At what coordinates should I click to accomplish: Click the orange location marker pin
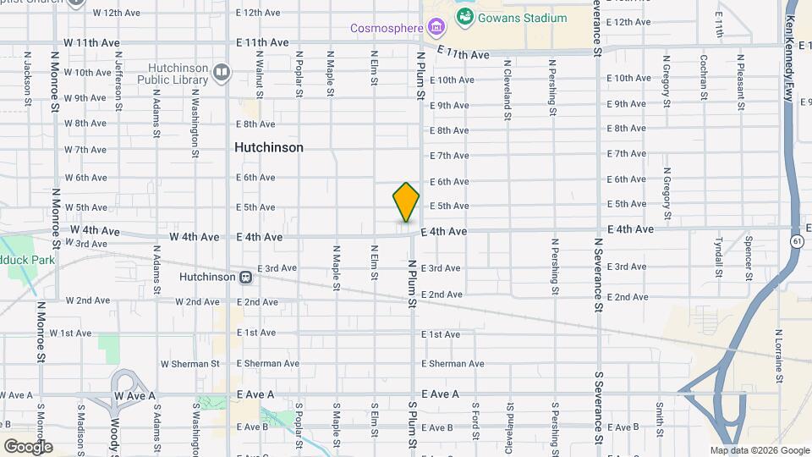click(x=406, y=202)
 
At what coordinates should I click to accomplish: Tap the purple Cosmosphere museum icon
click(x=436, y=29)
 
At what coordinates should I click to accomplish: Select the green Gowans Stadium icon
click(x=464, y=16)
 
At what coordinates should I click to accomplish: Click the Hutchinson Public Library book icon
click(x=222, y=73)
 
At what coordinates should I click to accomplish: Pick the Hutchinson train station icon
click(x=245, y=277)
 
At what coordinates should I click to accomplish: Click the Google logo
click(x=27, y=447)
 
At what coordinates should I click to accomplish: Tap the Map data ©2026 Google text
click(x=759, y=451)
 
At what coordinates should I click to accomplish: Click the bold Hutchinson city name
click(x=268, y=147)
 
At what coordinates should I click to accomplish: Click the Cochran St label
click(x=704, y=77)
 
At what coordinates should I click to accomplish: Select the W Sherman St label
click(x=189, y=364)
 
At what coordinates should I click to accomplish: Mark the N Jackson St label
click(x=28, y=79)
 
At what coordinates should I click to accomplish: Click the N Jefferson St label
click(x=118, y=80)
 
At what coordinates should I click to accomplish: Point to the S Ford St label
click(x=476, y=429)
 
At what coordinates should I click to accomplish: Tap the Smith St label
click(x=659, y=416)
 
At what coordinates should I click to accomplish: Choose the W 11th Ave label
click(x=92, y=42)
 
